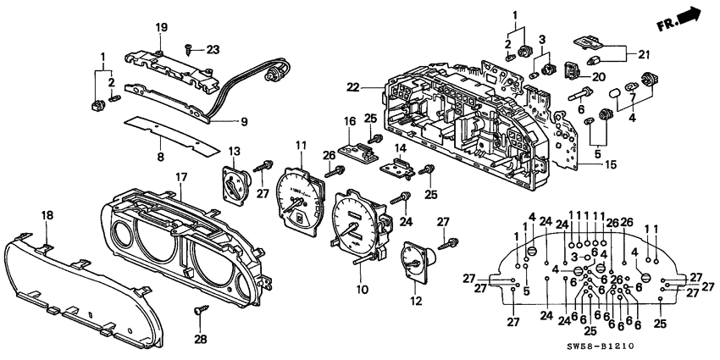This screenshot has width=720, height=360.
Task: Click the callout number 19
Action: point(161,30)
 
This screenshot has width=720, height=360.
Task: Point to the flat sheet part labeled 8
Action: point(157,127)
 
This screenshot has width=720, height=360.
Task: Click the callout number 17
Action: point(180,177)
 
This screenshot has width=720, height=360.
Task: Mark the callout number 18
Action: point(47,217)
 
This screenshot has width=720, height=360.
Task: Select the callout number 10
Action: point(363,291)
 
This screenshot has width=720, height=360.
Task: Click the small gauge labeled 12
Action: point(413,263)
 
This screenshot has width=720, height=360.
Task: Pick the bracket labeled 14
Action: point(399,169)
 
